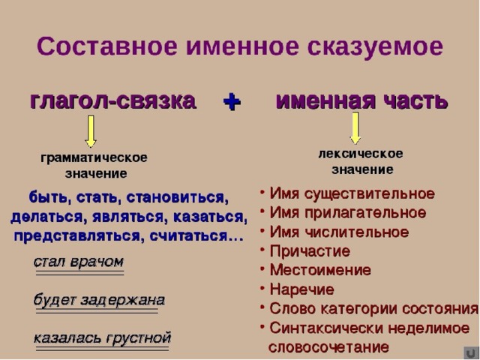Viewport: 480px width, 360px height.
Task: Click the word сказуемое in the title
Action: pos(375,46)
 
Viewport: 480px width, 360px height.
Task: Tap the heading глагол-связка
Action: pos(113,101)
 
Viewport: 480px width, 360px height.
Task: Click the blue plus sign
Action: pos(232,102)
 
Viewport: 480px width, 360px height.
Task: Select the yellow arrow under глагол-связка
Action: pos(91,131)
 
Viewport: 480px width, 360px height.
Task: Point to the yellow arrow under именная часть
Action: pos(355,127)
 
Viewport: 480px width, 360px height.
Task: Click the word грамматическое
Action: pos(94,158)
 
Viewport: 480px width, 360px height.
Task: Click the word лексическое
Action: pos(361,154)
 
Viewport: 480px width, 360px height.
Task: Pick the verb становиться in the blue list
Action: pos(177,198)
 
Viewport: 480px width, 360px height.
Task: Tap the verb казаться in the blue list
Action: pos(210,217)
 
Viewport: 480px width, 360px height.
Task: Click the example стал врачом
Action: pos(79,262)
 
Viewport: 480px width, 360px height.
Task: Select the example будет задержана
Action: pos(99,300)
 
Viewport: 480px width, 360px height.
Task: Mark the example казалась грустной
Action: pos(102,338)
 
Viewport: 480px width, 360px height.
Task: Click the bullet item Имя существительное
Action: pos(352,194)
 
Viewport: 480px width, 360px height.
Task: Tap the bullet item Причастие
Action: pos(310,251)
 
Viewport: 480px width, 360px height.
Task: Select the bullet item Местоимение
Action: pos(320,270)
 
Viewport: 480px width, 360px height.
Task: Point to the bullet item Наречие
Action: pos(301,289)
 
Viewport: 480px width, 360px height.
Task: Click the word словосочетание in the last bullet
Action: pos(328,347)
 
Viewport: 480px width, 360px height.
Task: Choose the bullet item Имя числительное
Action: pos(339,232)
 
